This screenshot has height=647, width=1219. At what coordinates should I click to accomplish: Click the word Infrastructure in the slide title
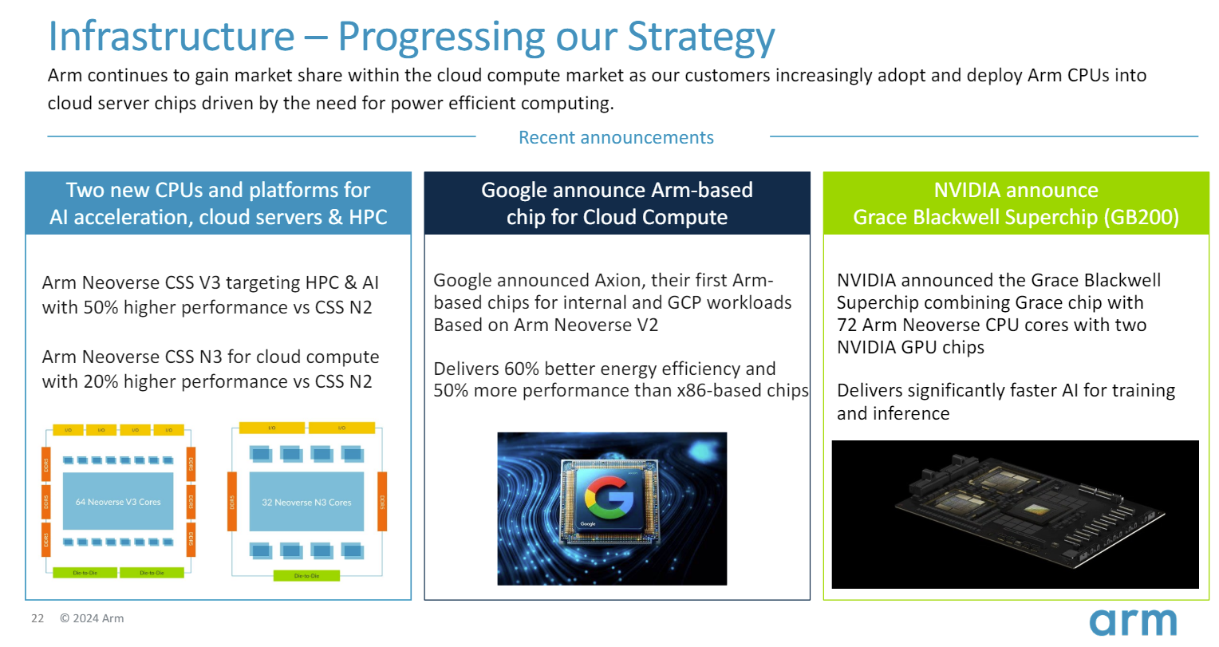pos(171,37)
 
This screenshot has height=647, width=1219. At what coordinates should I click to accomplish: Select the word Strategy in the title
pos(700,37)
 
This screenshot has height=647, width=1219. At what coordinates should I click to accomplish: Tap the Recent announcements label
pos(616,137)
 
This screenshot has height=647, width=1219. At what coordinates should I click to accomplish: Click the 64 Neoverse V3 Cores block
pos(118,502)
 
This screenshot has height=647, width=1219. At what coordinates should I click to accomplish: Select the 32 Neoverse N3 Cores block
pos(306,502)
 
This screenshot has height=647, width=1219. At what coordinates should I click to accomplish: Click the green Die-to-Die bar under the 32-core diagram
pos(306,575)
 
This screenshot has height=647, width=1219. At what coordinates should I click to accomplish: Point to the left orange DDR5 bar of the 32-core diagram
pos(232,502)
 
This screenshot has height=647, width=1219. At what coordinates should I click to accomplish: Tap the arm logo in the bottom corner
pos(1133,621)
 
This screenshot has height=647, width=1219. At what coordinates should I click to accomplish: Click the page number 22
pos(37,618)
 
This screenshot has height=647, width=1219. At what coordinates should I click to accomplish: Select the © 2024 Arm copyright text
pos(92,618)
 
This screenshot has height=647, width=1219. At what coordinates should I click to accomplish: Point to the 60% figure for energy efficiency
pos(521,369)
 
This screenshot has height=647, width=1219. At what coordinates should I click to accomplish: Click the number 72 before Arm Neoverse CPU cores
pos(846,325)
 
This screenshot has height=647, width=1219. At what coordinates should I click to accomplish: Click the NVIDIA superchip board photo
pos(1015,515)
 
